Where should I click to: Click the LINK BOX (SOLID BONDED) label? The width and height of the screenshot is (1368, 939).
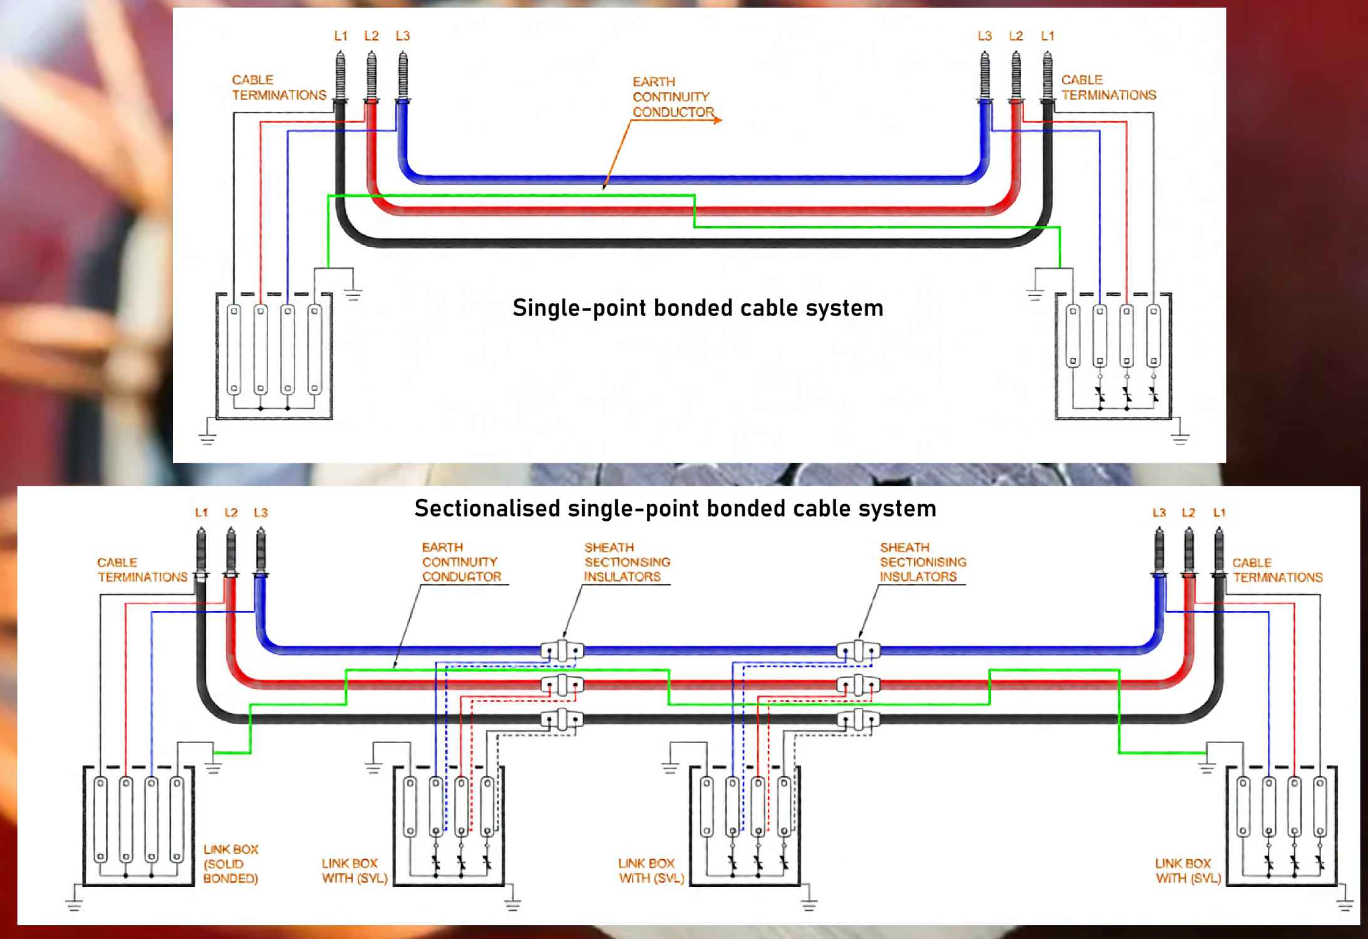(x=231, y=864)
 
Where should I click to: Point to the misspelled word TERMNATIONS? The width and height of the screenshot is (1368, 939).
(x=1278, y=577)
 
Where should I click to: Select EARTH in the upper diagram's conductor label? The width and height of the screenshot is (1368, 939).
(x=653, y=82)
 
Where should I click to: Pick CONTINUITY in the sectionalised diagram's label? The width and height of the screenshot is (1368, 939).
(x=459, y=562)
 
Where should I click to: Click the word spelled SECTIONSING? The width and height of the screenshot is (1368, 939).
(x=627, y=562)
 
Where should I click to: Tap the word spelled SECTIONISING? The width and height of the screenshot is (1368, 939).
(x=923, y=562)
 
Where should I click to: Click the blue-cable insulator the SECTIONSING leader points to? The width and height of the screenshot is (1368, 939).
(x=562, y=651)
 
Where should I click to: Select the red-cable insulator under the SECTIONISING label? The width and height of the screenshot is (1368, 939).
(x=858, y=685)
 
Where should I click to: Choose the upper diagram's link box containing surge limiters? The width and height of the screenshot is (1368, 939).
(x=1113, y=356)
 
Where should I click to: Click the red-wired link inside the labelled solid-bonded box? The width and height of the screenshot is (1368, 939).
(x=126, y=820)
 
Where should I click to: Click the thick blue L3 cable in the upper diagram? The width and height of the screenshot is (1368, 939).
(x=689, y=180)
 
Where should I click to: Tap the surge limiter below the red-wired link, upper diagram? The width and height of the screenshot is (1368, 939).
(x=1127, y=394)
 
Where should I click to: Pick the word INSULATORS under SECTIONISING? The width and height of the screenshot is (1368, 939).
(x=918, y=577)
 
